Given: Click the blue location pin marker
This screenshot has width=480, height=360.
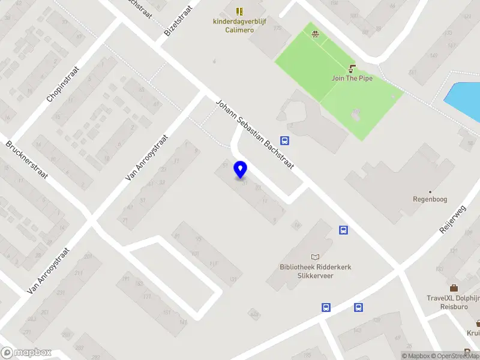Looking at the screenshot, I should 241,170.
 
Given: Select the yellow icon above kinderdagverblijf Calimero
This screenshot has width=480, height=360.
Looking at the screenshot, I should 239,11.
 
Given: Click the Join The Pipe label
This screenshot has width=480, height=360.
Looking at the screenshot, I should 352,78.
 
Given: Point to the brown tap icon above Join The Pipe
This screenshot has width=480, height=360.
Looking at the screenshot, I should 352,68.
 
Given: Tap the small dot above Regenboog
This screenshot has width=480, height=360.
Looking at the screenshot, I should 430,191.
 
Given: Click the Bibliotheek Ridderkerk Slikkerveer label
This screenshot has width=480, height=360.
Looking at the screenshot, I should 316,271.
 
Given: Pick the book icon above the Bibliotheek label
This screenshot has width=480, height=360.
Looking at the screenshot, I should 316,257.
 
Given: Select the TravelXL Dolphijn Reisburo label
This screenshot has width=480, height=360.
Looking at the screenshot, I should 451,301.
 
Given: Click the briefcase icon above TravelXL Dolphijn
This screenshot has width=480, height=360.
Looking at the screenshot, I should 454,288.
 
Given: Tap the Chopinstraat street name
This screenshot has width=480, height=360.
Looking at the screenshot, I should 62,89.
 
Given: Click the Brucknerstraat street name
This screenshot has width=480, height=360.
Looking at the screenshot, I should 28,162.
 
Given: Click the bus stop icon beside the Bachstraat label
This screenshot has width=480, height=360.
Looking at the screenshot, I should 285,142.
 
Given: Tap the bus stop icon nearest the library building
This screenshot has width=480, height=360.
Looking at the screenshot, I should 344,230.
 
